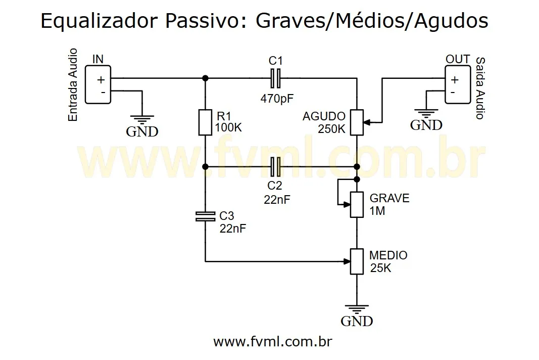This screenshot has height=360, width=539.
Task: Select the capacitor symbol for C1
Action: pyautogui.click(x=275, y=78)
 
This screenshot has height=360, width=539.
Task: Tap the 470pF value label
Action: pyautogui.click(x=277, y=98)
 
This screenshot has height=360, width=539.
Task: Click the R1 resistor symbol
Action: pyautogui.click(x=205, y=122)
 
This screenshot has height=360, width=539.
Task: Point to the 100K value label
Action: pyautogui.click(x=228, y=128)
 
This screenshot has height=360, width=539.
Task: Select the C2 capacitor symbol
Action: pyautogui.click(x=275, y=166)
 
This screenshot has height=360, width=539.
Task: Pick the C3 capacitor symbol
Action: pyautogui.click(x=205, y=217)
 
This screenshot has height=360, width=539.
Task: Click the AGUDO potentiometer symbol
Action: pyautogui.click(x=357, y=122)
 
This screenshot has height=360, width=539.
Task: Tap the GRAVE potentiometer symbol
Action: pyautogui.click(x=357, y=205)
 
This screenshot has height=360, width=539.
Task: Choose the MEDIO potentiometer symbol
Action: pyautogui.click(x=357, y=261)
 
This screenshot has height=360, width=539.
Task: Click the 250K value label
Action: pyautogui.click(x=331, y=129)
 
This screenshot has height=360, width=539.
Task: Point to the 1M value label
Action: pyautogui.click(x=377, y=211)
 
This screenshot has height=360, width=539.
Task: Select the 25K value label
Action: pyautogui.click(x=380, y=268)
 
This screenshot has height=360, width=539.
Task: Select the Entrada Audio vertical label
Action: pyautogui.click(x=73, y=84)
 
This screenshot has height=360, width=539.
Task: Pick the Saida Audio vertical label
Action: pyautogui.click(x=479, y=88)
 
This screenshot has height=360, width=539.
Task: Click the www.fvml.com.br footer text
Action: pyautogui.click(x=273, y=342)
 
